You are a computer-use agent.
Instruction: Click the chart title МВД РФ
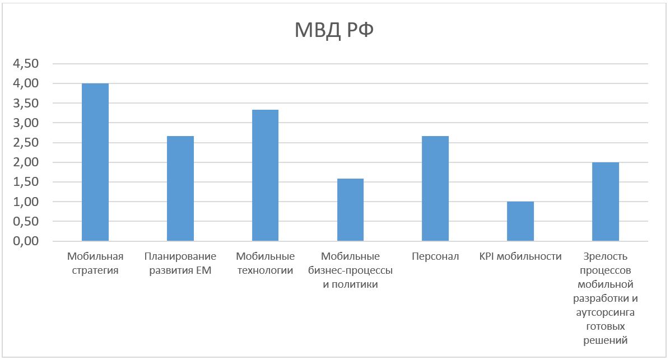(334, 30)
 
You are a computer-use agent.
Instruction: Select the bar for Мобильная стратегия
(95, 162)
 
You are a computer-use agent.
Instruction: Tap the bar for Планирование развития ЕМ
(180, 189)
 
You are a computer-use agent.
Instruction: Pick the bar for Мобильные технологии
(265, 175)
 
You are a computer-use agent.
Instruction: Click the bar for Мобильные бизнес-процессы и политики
(350, 210)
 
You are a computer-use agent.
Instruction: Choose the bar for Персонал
(435, 189)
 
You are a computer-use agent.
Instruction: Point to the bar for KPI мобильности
(520, 221)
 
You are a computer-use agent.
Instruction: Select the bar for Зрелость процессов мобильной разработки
(606, 202)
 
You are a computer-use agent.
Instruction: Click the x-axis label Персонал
(435, 257)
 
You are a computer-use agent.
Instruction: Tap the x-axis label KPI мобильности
(520, 257)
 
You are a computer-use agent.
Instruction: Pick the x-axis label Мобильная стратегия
(95, 264)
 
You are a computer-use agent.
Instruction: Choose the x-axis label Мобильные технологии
(265, 264)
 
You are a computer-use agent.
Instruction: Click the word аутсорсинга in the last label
(606, 312)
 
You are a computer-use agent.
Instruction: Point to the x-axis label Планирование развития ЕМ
(180, 264)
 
